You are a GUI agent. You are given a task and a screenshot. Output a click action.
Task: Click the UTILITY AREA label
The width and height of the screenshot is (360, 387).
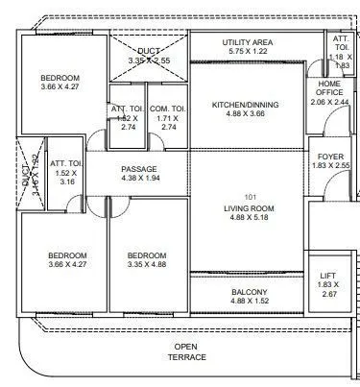tap(249, 43)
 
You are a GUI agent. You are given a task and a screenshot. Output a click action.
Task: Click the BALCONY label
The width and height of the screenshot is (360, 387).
tap(249, 292)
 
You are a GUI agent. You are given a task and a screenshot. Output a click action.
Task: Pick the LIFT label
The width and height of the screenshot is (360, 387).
tap(327, 277)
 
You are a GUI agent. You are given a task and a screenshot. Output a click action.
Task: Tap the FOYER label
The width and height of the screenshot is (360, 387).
tap(328, 156)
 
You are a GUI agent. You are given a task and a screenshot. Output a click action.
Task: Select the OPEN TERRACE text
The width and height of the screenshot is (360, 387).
tap(189, 351)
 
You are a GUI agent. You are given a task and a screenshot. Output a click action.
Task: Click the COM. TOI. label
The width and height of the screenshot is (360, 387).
tap(168, 108)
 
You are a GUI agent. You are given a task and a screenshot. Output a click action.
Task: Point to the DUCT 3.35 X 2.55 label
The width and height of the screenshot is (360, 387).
tap(149, 55)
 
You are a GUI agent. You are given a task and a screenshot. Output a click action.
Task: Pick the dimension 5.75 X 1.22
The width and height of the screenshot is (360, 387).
tap(249, 53)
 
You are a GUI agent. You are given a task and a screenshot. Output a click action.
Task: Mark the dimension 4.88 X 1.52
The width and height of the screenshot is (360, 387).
tap(249, 302)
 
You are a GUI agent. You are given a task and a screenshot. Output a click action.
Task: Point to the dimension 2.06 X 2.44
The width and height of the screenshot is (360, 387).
tap(329, 100)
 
